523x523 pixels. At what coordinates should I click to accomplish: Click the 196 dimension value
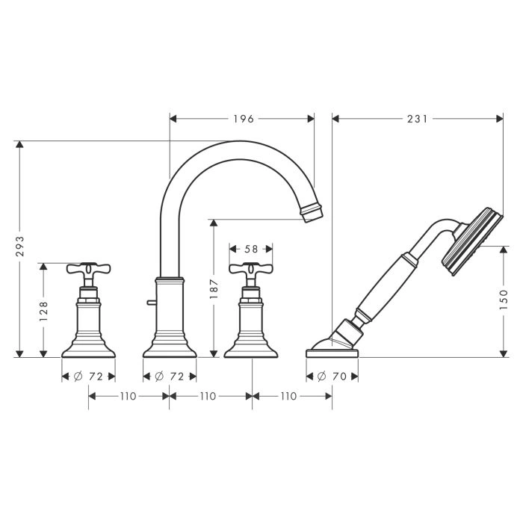[x=244, y=118]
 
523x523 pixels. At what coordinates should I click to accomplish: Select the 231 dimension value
[x=417, y=118]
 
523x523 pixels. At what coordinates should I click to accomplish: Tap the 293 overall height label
[x=21, y=246]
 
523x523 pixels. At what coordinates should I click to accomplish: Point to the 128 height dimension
[x=43, y=312]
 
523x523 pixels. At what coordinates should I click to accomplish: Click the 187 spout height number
[x=214, y=289]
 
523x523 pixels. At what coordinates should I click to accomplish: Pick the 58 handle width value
[x=251, y=249]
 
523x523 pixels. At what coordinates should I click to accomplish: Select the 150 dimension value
[x=504, y=300]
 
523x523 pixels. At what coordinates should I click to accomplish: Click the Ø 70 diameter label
[x=332, y=377]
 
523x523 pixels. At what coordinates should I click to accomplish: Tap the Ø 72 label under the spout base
[x=170, y=377]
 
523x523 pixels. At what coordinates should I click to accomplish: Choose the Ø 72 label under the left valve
[x=88, y=377]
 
